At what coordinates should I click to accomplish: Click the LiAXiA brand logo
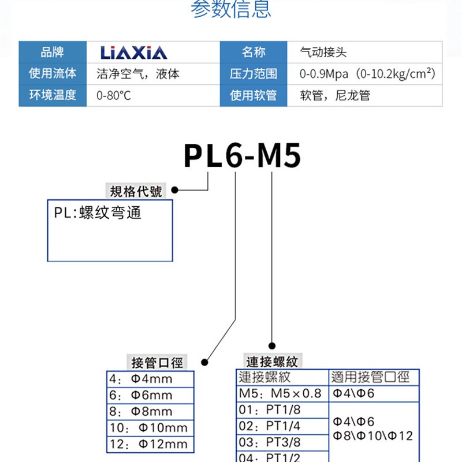coord(133,53)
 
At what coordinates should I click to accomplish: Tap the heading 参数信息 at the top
coord(230,10)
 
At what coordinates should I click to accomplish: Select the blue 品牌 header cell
coord(53,53)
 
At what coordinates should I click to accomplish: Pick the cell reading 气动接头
coord(323,53)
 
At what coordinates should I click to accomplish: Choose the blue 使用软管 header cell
coord(254,95)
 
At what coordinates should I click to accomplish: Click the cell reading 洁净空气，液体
coord(137,74)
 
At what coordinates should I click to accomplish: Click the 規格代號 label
coord(136,191)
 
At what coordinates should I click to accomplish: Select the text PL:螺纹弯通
coord(98,213)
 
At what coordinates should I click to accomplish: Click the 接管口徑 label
coord(157,363)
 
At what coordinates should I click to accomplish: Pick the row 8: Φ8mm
coord(150,412)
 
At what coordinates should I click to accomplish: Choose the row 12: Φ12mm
coord(150,444)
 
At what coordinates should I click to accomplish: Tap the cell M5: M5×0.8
coord(282,394)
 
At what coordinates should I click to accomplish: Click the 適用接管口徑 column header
coord(370,378)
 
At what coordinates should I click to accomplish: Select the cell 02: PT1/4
coord(282,427)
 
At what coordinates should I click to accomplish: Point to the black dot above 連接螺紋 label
coord(271,345)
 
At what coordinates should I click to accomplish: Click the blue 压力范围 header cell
coord(254,74)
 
